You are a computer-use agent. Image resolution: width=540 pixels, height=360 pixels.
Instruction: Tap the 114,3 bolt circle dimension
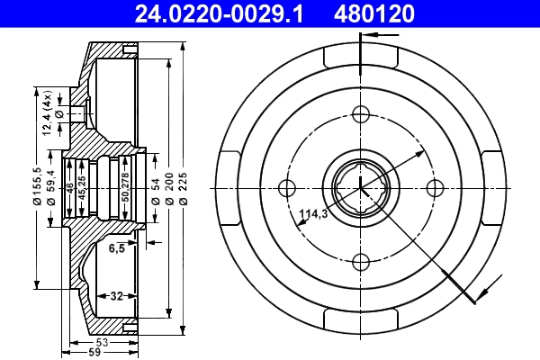[312, 214]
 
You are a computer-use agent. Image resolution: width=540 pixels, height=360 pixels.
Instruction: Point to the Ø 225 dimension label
[184, 187]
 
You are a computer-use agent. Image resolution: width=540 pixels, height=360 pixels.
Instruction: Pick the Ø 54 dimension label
[155, 187]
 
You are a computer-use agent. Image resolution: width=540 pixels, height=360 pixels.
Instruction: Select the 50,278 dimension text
[125, 187]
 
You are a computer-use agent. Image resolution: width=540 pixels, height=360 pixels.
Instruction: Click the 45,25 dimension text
[82, 187]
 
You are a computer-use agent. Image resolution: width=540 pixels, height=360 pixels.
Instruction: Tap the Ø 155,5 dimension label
[38, 187]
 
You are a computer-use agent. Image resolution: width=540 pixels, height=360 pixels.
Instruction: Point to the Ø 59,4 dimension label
[51, 187]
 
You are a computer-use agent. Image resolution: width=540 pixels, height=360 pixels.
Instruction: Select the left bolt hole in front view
[288, 188]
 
